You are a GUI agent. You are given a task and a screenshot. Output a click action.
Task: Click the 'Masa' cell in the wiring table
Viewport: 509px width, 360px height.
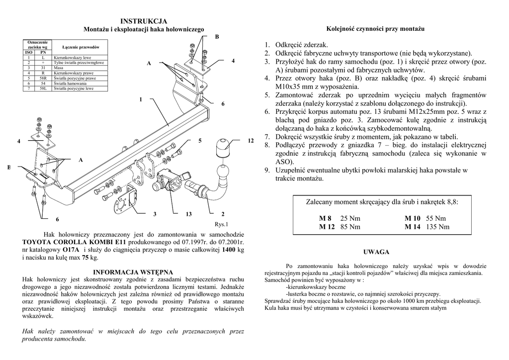coord(58,68)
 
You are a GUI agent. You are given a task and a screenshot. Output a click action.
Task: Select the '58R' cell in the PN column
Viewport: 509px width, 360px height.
coord(43,78)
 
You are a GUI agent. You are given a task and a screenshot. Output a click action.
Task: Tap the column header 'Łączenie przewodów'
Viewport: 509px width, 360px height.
coord(81,47)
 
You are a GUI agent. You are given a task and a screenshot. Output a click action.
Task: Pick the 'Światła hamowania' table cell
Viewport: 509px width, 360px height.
coord(71,83)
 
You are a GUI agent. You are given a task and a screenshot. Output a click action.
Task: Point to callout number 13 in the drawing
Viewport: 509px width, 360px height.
coord(188,214)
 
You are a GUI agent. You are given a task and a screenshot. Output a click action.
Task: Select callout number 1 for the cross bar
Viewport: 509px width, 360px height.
coord(141,99)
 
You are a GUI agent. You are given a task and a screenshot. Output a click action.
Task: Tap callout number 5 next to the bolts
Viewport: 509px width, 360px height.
coord(200,141)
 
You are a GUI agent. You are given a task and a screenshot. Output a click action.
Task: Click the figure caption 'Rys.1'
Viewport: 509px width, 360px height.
coord(221,224)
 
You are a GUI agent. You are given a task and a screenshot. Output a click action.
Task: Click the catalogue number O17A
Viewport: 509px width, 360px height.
coord(71,250)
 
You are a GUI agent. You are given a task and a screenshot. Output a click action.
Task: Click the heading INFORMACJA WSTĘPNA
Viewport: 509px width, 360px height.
coord(133,272)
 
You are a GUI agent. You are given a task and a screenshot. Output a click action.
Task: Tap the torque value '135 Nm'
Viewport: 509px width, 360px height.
coord(437,227)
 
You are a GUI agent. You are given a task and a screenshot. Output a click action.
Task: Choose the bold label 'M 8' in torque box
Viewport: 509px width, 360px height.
coord(325,218)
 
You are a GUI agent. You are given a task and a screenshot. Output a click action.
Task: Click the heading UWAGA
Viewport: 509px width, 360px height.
coord(376,252)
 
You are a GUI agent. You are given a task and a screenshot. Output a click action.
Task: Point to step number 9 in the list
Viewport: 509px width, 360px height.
coord(267,170)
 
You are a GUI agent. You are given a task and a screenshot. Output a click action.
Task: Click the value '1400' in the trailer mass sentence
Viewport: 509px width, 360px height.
coord(229,250)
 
